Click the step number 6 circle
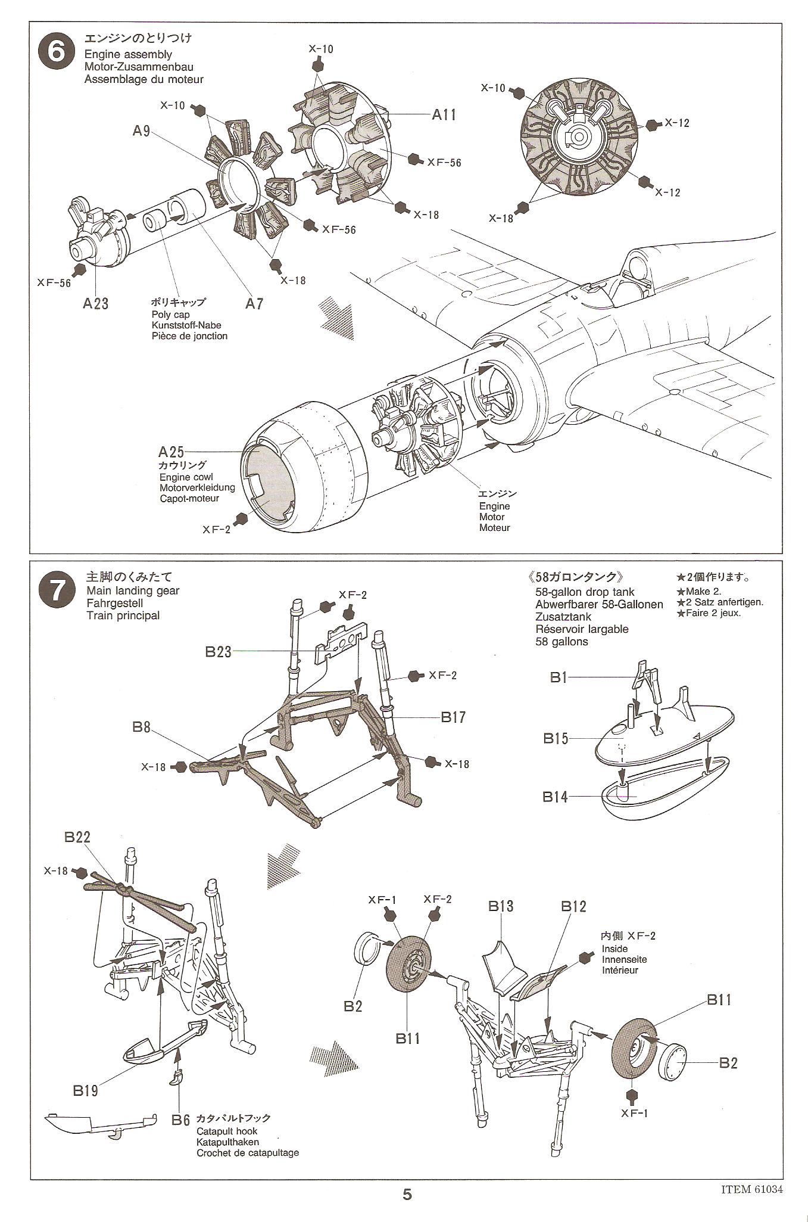tap(57, 52)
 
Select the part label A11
tap(444, 115)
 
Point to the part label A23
tap(95, 304)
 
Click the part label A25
tap(171, 452)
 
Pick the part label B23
tap(218, 652)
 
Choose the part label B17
tap(453, 717)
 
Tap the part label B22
tap(77, 837)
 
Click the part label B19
tap(86, 1090)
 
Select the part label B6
tap(180, 1120)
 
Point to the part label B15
tap(556, 739)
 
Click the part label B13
tap(501, 907)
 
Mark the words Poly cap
tap(170, 315)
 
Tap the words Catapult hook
tap(227, 1131)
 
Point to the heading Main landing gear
tap(132, 591)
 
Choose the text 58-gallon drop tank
tap(585, 592)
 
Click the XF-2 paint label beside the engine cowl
tap(216, 529)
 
